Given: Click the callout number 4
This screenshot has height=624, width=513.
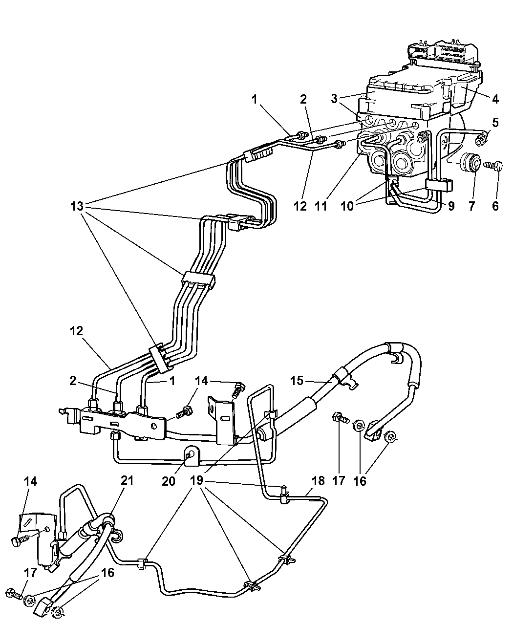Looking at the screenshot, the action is [495, 99].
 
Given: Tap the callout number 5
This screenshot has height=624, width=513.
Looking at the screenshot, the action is [495, 123].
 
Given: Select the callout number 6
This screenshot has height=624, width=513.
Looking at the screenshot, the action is [495, 206].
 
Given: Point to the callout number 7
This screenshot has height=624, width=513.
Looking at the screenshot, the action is [471, 206].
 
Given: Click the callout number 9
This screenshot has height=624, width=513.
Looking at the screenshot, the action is [451, 206].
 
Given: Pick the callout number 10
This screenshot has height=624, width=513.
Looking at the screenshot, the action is [347, 206].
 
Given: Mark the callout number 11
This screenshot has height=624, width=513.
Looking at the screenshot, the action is [321, 206].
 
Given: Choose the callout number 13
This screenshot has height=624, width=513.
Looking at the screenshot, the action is [77, 206].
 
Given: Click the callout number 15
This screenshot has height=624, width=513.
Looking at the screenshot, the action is [297, 381].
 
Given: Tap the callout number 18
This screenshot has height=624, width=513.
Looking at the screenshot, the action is [318, 481].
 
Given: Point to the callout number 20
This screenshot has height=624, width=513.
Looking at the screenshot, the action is [169, 481].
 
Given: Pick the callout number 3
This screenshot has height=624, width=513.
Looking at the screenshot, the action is [334, 99].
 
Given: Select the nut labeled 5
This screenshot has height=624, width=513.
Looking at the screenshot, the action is [480, 140].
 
